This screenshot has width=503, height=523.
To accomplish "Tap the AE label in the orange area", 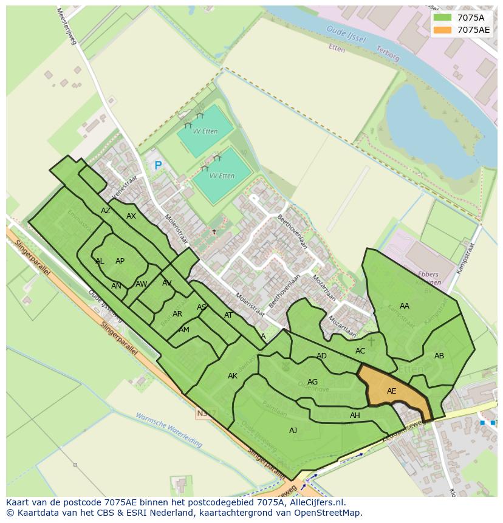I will tap(391, 391).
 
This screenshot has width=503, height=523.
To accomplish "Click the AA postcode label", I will tap(405, 306).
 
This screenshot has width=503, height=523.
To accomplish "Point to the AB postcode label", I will tap(439, 356).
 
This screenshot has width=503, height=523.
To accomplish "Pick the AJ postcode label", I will tap(293, 431).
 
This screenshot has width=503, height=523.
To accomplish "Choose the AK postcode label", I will tap(233, 376).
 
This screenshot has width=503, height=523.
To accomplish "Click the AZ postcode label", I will tap(106, 211).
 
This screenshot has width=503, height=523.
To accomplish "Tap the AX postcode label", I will tap(131, 216).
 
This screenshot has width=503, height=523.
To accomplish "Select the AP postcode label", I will tap(120, 261).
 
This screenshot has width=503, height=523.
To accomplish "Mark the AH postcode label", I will tap(355, 415).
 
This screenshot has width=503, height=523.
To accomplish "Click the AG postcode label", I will tap(312, 382).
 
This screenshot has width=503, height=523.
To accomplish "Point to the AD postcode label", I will tap(321, 356).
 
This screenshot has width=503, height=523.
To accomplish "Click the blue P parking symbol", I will tap(158, 165).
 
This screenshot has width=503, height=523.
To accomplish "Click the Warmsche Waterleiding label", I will tap(169, 430).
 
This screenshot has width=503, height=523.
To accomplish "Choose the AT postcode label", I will tap(228, 315).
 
